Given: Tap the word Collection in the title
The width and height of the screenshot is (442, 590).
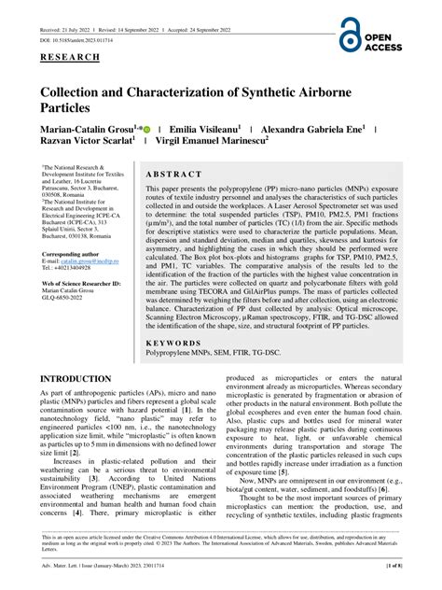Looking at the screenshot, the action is coord(75,97).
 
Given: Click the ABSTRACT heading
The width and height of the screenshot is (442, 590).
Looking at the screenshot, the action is coord(174,175).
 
